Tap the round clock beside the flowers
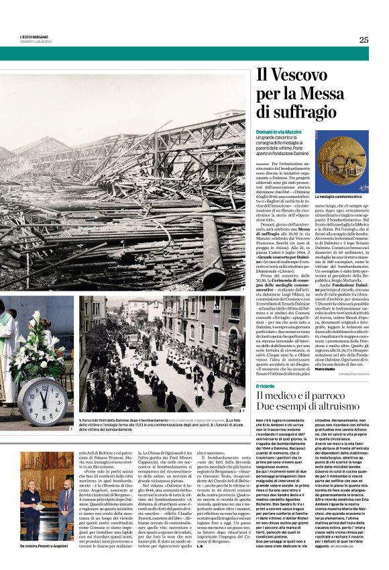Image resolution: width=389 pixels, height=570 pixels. [x=41, y=401]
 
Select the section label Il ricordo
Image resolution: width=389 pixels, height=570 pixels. [x=266, y=387]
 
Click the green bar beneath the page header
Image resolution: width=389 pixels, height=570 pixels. [x=194, y=54]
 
